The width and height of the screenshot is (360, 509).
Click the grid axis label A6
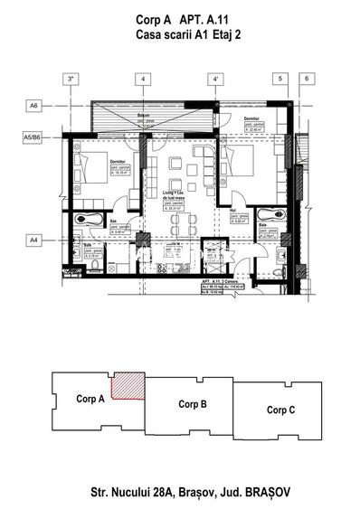coord(33,106)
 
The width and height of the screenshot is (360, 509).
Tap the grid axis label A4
coord(33,240)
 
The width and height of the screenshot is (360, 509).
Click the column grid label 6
coord(307,80)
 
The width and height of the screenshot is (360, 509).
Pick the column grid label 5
coord(281,80)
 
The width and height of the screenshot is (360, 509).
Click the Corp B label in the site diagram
coord(194,403)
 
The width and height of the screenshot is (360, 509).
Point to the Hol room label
coord(232,210)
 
